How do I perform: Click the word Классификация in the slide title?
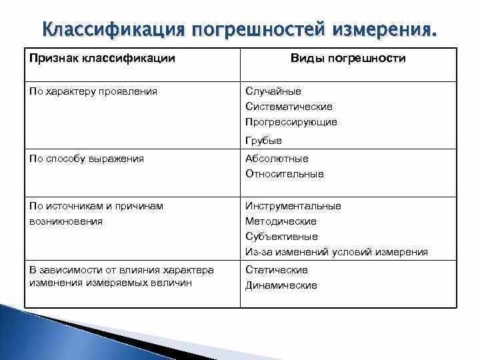[112, 30]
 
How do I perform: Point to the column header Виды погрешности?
[348, 59]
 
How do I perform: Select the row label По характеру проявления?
[93, 91]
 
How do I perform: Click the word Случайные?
[273, 91]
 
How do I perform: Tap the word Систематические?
[289, 107]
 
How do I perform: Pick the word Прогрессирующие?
[291, 122]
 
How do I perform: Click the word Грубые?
[263, 141]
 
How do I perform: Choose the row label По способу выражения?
[87, 159]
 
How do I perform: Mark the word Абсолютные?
[277, 159]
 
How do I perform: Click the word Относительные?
[285, 174]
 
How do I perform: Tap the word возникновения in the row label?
[66, 221]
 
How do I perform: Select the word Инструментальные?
[293, 206]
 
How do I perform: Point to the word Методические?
[281, 221]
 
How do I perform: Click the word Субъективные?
[281, 237]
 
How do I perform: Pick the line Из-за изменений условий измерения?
[337, 252]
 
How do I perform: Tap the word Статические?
[277, 270]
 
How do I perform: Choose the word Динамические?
[281, 285]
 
